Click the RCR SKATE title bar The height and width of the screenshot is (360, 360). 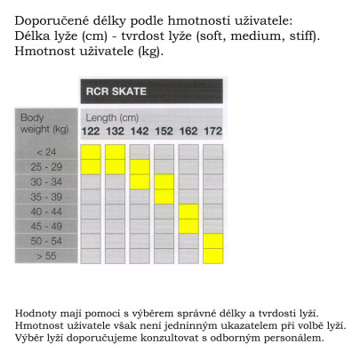point(150,92)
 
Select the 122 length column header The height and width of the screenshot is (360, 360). point(91,132)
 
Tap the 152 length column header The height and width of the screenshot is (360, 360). point(164,132)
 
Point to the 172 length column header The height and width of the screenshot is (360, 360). point(212,132)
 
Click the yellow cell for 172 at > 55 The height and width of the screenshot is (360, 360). point(212,255)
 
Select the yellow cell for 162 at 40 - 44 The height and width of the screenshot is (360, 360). point(188,212)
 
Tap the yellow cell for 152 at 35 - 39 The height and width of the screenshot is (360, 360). point(164,196)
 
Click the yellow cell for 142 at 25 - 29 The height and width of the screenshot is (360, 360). point(140,167)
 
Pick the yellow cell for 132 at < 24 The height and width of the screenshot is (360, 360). point(115,152)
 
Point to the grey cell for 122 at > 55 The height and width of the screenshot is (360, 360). point(91,255)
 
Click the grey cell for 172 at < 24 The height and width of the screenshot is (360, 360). point(212,152)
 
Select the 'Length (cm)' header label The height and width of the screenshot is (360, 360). point(111,118)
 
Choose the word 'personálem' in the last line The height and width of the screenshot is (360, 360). point(293,338)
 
